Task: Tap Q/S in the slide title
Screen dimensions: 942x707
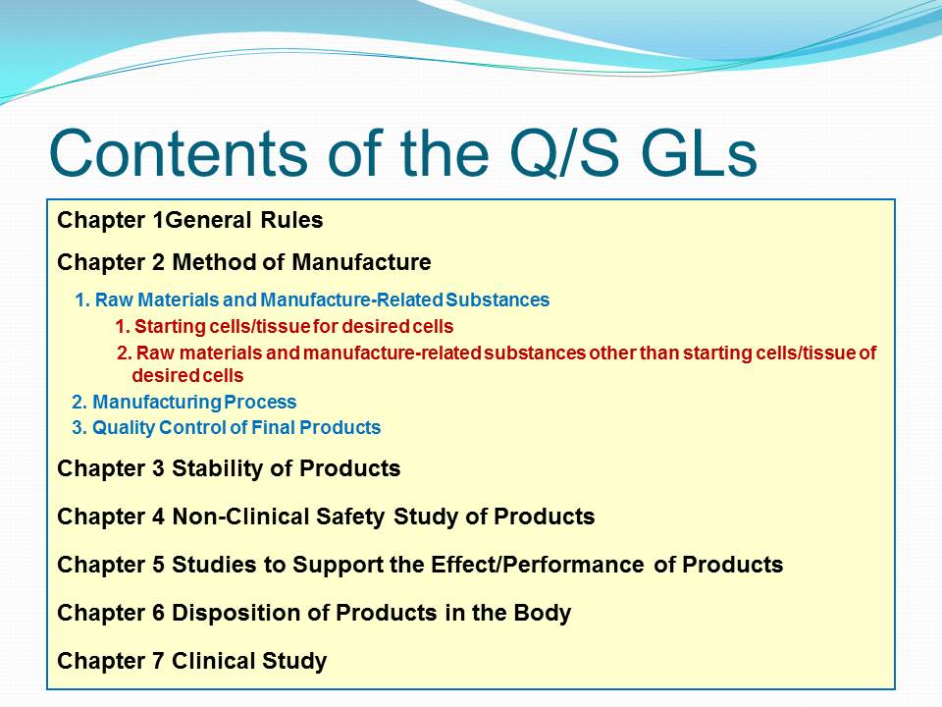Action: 564,153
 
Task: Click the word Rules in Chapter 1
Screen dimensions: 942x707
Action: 292,220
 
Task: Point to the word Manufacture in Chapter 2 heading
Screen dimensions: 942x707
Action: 361,262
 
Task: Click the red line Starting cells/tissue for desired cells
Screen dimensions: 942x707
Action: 285,326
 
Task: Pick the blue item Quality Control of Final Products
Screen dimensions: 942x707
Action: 226,427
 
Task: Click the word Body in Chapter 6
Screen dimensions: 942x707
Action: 542,613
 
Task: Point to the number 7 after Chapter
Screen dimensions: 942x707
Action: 158,661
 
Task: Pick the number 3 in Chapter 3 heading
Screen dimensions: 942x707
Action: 158,468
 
